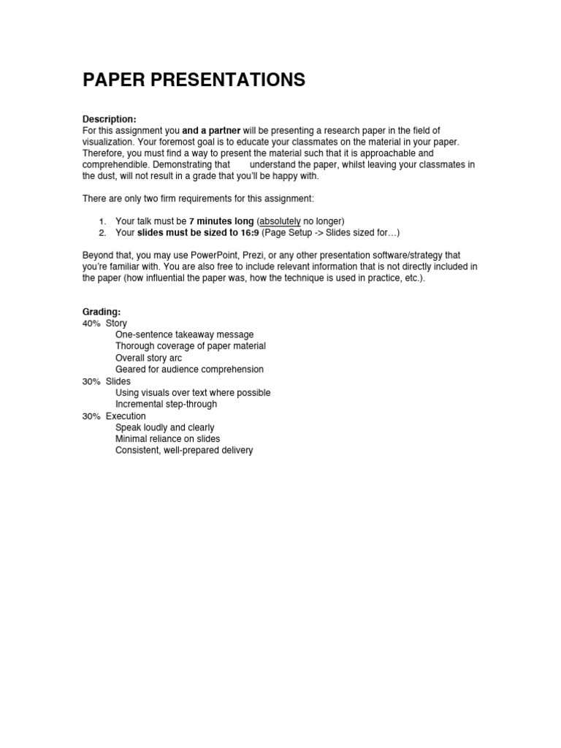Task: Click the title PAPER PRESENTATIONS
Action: tap(194, 81)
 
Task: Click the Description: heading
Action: tap(109, 119)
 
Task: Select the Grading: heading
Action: tap(102, 312)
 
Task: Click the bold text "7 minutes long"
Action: tap(221, 221)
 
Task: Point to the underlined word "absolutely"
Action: tap(280, 221)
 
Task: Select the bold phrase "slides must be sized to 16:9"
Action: tap(197, 233)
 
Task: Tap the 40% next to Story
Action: tap(91, 323)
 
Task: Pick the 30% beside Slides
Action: tap(91, 381)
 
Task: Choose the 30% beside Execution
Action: tap(91, 416)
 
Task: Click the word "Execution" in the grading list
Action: tap(126, 416)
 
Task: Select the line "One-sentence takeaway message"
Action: tap(185, 335)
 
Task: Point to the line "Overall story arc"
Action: tap(149, 358)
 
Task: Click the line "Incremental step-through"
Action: tap(166, 404)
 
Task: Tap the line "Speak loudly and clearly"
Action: tap(165, 427)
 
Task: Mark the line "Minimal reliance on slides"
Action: tap(167, 439)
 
